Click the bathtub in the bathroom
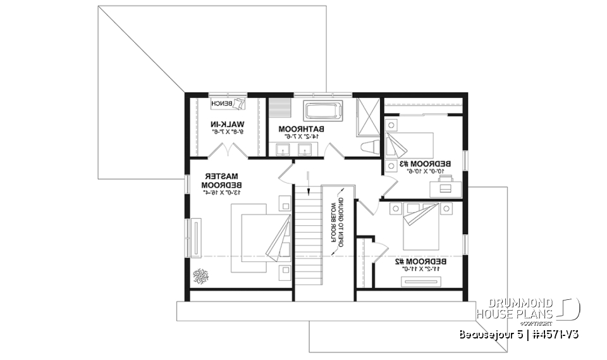click(323, 112)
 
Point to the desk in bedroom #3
click(445, 183)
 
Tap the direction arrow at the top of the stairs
click(308, 182)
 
